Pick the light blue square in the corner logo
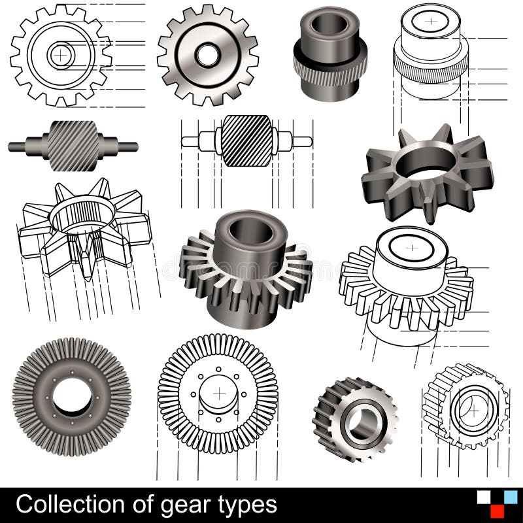click(510, 497)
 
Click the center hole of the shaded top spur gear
click(208, 55)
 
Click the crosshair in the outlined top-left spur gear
click(60, 55)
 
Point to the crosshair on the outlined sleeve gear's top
click(430, 21)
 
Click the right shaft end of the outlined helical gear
click(301, 141)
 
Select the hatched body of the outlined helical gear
click(246, 141)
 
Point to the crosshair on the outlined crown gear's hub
click(411, 248)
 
